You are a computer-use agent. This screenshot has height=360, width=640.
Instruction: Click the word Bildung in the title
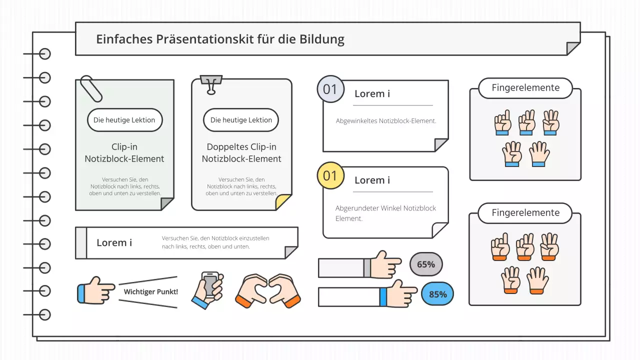click(323, 39)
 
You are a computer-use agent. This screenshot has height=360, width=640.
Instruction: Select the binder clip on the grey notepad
click(211, 84)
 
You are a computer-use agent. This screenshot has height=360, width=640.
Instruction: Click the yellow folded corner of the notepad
click(283, 202)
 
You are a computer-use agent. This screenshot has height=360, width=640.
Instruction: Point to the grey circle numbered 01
click(330, 89)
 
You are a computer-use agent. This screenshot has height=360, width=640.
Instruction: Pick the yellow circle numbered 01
click(330, 175)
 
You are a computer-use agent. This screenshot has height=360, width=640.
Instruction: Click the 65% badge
click(426, 264)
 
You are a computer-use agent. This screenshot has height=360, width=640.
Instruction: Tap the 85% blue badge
click(437, 294)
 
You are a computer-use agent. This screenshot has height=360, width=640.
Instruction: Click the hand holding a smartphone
click(208, 289)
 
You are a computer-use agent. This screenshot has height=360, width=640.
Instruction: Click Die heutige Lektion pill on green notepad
click(124, 120)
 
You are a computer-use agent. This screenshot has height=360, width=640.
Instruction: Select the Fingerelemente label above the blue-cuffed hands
click(525, 88)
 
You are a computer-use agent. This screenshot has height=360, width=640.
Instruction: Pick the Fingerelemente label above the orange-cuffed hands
click(525, 213)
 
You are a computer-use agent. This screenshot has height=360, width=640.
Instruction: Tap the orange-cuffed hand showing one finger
click(500, 247)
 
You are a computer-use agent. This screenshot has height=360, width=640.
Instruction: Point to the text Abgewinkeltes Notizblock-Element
click(385, 121)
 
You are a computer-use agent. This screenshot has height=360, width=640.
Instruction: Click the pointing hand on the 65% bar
click(384, 265)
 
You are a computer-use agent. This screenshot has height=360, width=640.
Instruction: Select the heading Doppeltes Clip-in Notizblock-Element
click(241, 153)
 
